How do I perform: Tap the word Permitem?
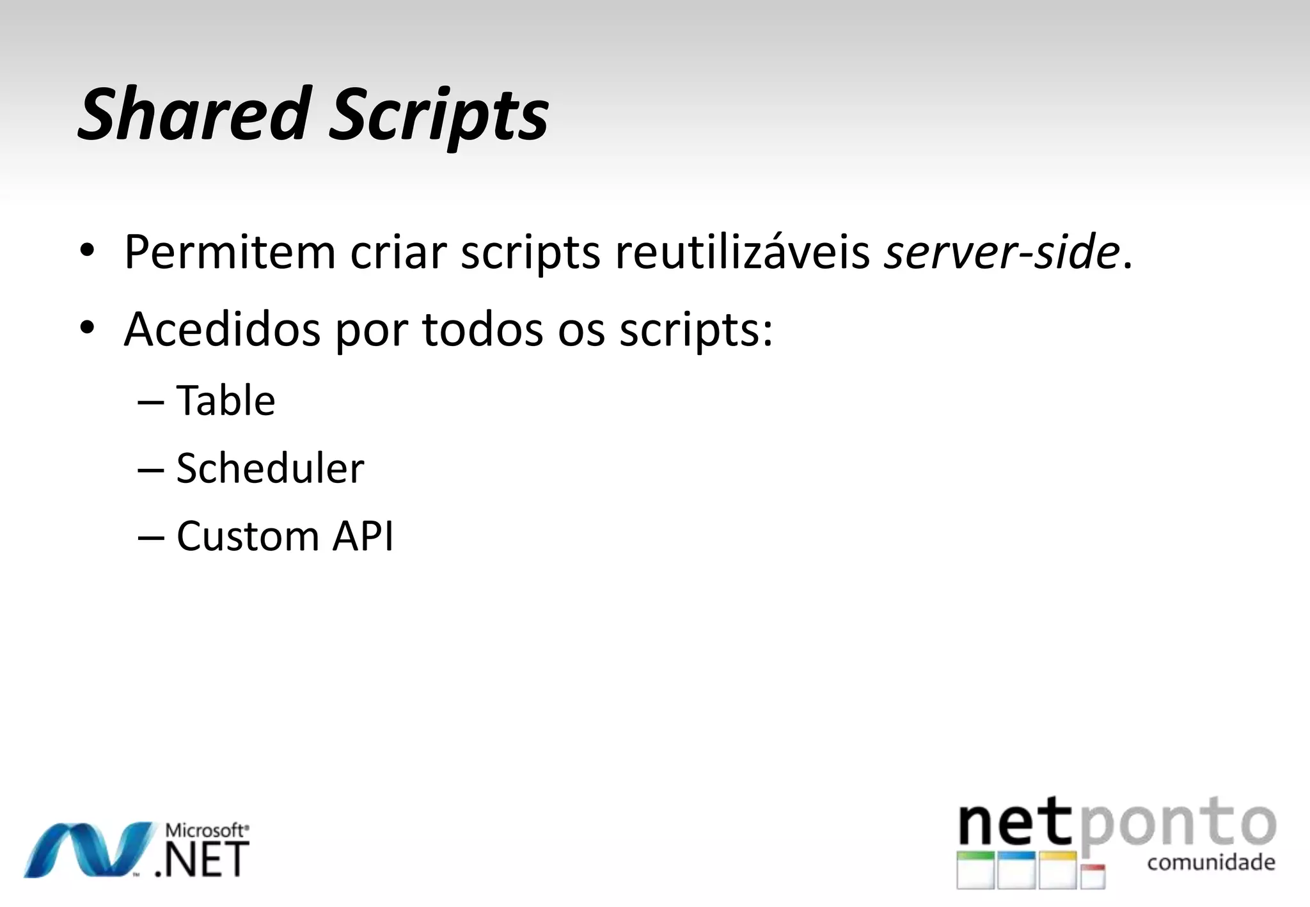(230, 252)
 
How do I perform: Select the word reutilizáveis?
(742, 252)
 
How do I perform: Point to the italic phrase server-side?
(1001, 252)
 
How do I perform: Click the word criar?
(398, 252)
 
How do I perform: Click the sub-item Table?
(226, 401)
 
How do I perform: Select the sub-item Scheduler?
(270, 468)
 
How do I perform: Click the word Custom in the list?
(248, 536)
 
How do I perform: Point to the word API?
(363, 536)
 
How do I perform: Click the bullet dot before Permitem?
(87, 251)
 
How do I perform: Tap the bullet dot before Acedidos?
(87, 328)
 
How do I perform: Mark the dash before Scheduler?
(151, 470)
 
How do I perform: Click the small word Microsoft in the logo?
(205, 831)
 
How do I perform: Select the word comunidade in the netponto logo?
(1211, 863)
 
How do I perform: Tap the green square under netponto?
(975, 870)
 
